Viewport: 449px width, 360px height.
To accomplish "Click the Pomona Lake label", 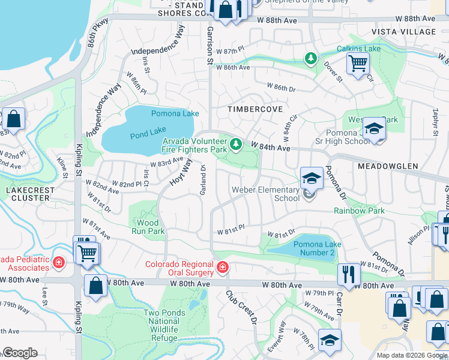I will point(175,113).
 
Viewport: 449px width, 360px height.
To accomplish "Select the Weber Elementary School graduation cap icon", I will point(312,178).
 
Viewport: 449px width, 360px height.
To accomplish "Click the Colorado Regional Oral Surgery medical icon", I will point(222,267).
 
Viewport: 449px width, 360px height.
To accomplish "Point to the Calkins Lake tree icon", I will point(311,58).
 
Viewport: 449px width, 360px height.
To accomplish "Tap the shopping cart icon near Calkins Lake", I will point(358,62).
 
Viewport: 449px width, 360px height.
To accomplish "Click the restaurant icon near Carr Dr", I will point(349,275).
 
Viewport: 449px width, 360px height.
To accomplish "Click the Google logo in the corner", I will point(20,353).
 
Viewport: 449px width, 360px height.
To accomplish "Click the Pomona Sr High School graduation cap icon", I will point(373,129).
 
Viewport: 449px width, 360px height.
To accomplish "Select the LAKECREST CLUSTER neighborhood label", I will point(26,194).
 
